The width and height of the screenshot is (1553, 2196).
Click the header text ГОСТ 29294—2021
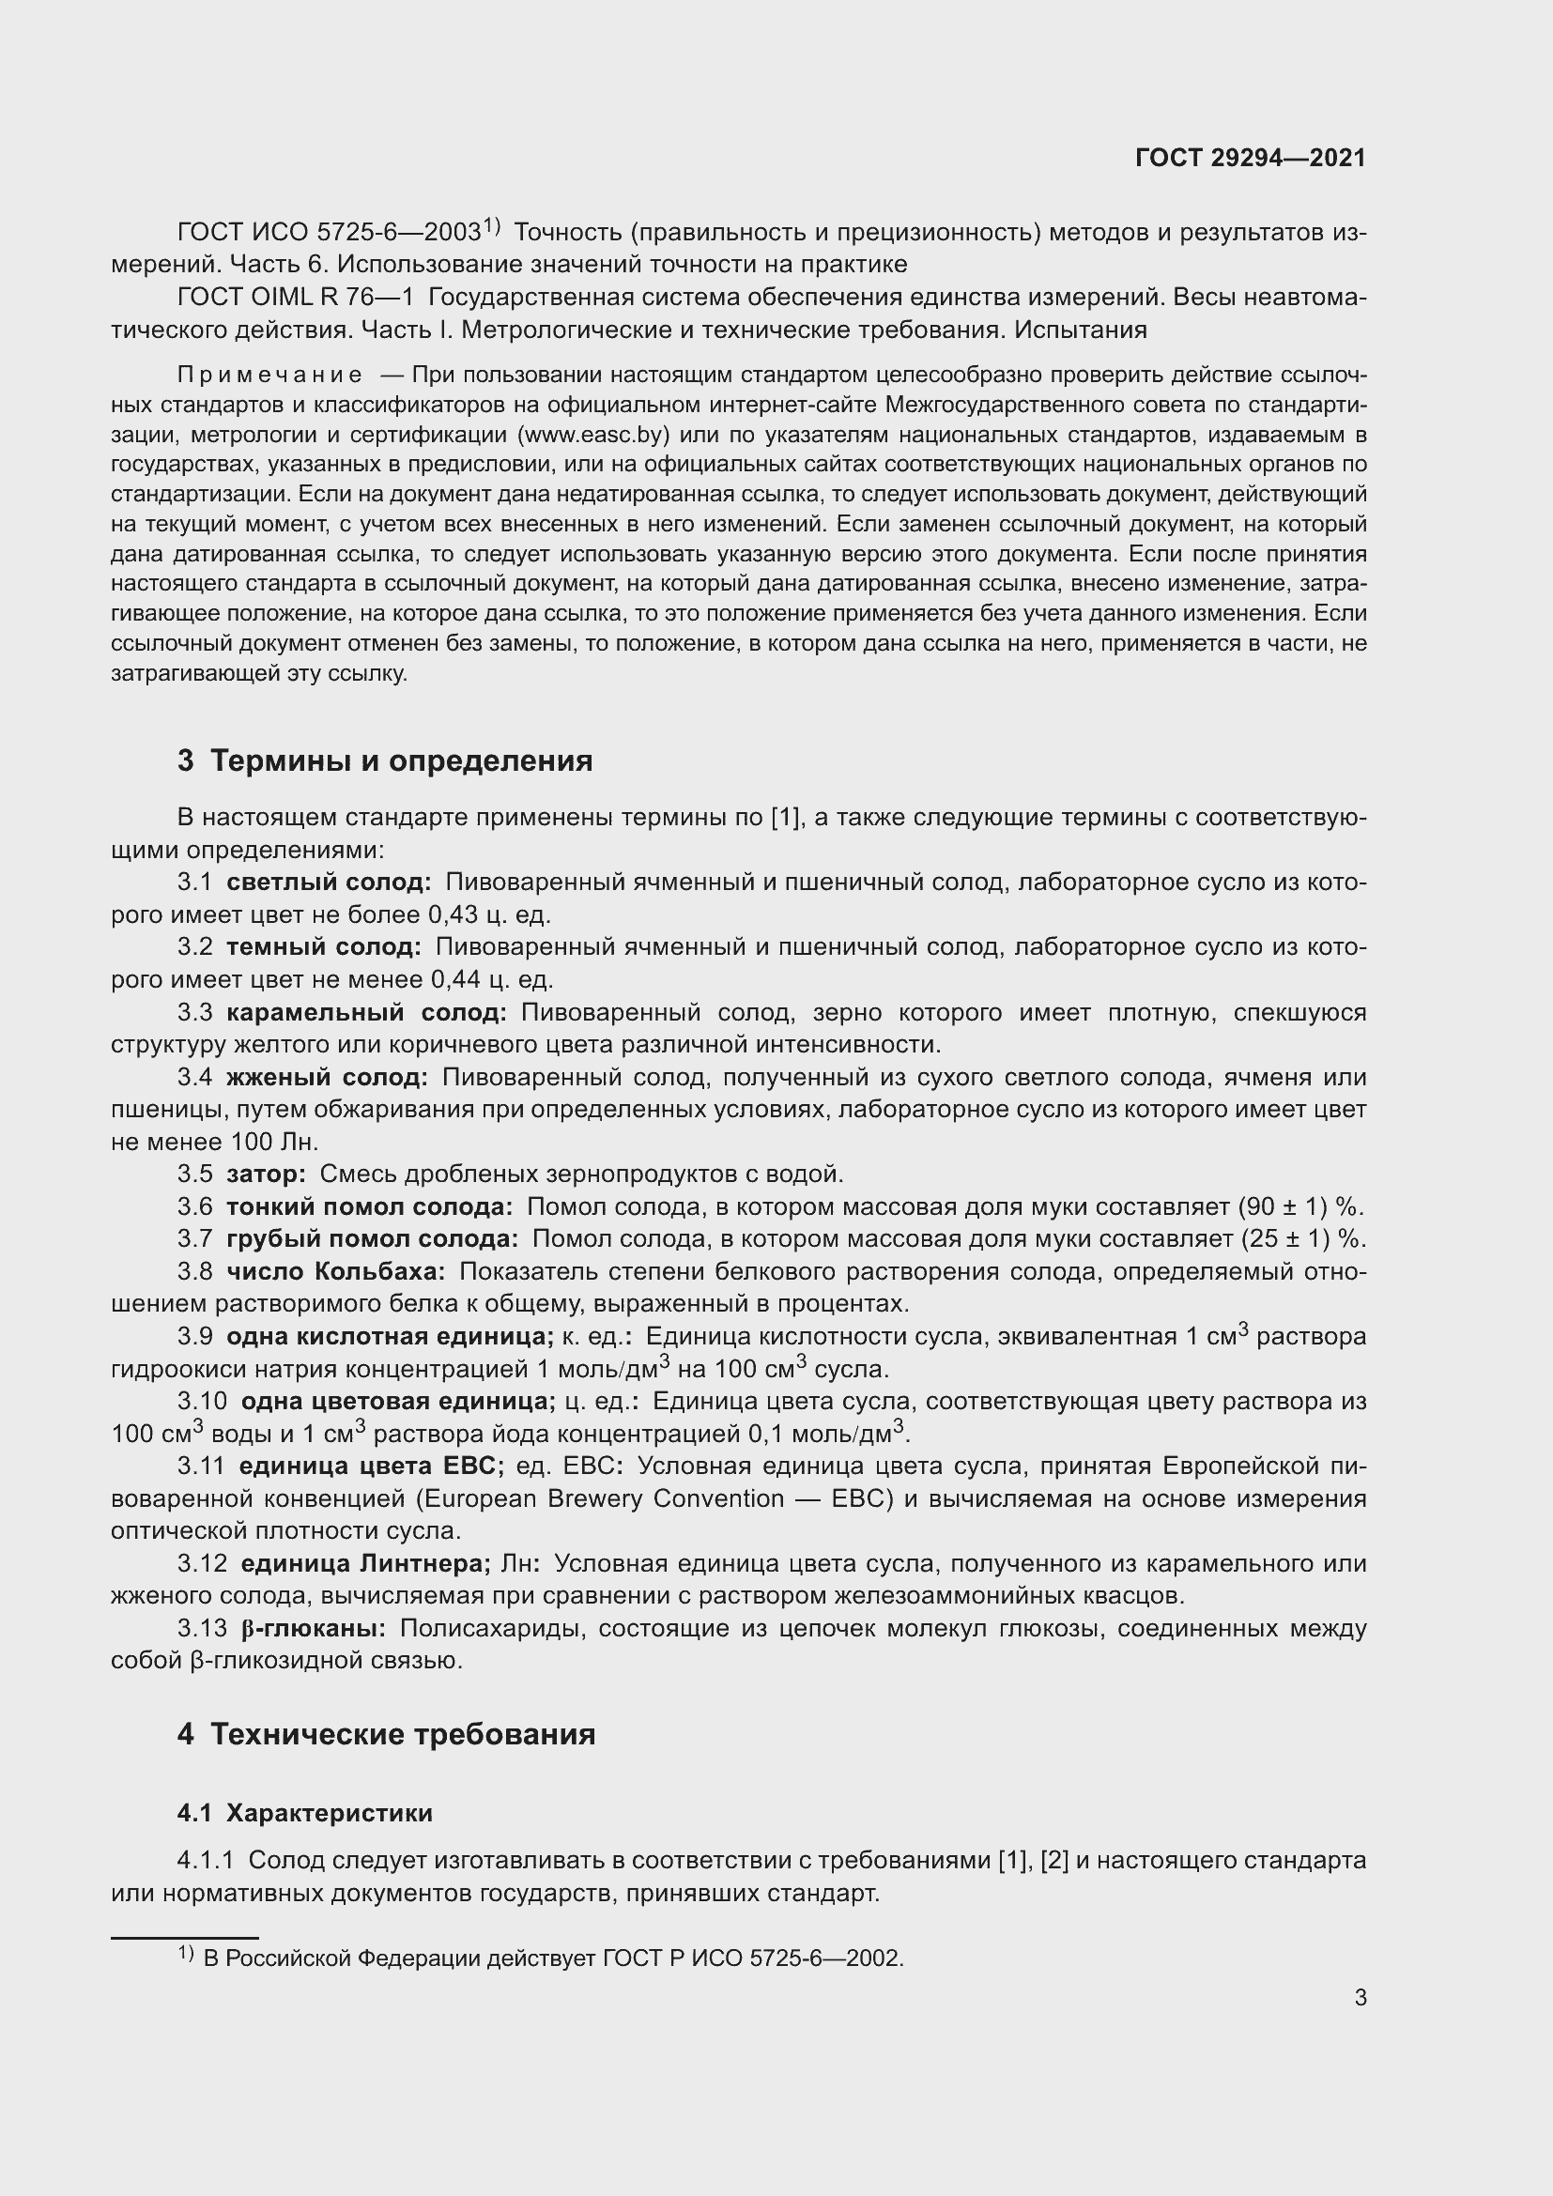coord(1250,158)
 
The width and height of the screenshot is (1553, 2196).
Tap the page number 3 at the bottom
coord(1360,1997)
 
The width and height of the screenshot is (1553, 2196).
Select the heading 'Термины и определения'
coord(401,760)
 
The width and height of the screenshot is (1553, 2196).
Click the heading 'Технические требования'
coord(403,1734)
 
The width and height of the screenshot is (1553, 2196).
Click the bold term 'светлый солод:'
coord(328,882)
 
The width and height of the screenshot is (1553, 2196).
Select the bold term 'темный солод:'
coord(323,947)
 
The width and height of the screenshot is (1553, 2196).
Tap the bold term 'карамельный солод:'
coord(366,1012)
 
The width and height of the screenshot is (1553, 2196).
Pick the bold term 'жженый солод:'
coord(326,1077)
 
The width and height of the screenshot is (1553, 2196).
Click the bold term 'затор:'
coord(266,1174)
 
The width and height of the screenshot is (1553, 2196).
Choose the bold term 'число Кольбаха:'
coord(334,1271)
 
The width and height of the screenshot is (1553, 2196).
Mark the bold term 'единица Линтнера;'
coord(365,1563)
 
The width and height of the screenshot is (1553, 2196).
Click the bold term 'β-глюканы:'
coord(314,1628)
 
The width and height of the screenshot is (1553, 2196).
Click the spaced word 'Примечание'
coord(269,375)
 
